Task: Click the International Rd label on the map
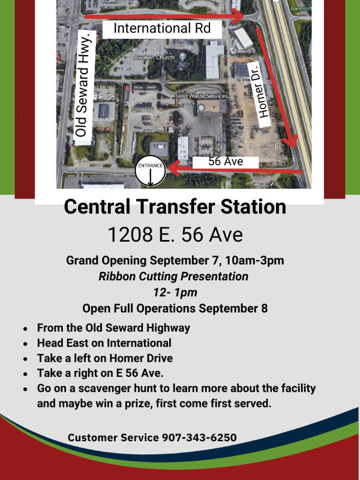(161, 28)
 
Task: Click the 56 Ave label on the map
(225, 162)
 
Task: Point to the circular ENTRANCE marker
(150, 172)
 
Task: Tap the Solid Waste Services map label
(201, 96)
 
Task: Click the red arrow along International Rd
(164, 16)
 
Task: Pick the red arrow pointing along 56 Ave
(235, 171)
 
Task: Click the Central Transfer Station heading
(175, 207)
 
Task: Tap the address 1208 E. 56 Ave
(175, 235)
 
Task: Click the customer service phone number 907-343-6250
(199, 437)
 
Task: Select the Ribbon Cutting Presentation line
(173, 276)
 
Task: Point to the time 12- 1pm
(175, 292)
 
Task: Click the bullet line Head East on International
(104, 343)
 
